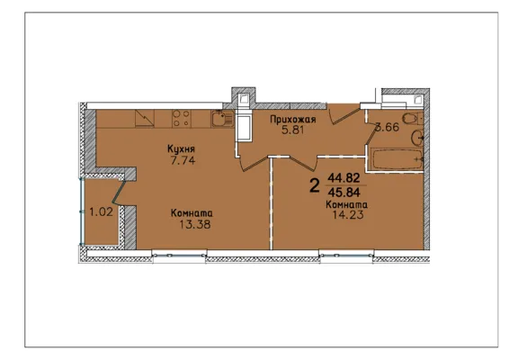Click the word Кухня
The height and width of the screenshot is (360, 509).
tap(181, 149)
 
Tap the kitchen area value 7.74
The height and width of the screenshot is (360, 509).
tap(183, 160)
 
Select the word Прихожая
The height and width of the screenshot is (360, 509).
tap(293, 120)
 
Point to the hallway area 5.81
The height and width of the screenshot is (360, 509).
tap(292, 130)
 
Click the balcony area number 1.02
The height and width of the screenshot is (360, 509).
tap(101, 212)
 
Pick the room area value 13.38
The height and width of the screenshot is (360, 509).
tap(195, 224)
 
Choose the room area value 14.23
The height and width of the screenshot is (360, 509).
tap(348, 215)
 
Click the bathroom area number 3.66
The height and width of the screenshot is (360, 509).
tap(387, 127)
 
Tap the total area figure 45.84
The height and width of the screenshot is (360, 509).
tap(344, 193)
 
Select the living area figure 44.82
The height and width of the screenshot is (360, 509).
tap(344, 177)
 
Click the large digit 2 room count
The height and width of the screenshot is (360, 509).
tap(314, 185)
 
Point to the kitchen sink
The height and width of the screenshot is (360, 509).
tap(222, 119)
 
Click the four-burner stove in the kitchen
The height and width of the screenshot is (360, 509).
tap(181, 118)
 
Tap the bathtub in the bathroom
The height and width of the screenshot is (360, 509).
tap(397, 159)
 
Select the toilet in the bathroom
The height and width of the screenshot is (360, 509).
tap(412, 118)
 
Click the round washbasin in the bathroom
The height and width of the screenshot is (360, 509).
tap(416, 139)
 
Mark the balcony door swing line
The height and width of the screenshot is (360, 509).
tap(119, 193)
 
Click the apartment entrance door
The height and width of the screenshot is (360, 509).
tap(345, 114)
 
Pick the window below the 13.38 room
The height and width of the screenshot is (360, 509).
tap(180, 256)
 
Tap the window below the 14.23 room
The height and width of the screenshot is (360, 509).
tap(346, 256)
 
